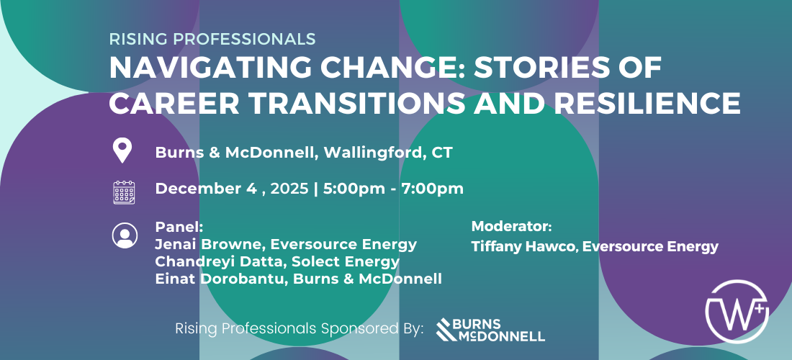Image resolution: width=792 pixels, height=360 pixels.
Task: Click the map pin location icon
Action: point(122,151)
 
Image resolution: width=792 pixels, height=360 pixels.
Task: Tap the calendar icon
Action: point(124,192)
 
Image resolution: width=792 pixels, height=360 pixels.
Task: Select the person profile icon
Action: point(125,235)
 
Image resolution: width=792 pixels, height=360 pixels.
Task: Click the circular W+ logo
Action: point(737,312)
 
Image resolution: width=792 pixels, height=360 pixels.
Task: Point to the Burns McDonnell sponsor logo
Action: point(490,329)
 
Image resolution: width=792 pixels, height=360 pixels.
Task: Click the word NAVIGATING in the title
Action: point(183,68)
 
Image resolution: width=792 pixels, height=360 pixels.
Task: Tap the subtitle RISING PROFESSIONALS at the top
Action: point(212,39)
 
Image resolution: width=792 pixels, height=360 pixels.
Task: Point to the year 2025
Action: point(289,189)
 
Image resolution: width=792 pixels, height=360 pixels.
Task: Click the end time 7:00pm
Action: point(433,189)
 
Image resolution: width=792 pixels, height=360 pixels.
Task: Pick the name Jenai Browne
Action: point(211,244)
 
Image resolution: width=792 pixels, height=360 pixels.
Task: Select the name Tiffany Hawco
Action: point(526,246)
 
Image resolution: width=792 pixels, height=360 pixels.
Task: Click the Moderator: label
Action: point(512,227)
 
